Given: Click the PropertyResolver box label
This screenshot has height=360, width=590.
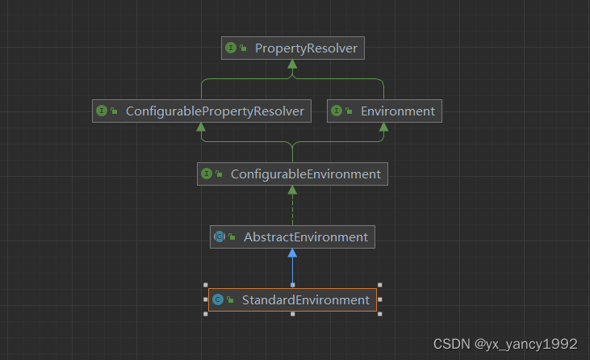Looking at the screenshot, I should pos(306,48).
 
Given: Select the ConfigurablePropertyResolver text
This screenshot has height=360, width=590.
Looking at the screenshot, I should pos(215,111).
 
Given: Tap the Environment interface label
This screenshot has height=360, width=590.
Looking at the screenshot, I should pos(396,111).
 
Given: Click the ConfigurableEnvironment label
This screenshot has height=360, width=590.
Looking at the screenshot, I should pos(305,174).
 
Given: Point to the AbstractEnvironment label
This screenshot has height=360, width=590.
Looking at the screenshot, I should pos(305,237).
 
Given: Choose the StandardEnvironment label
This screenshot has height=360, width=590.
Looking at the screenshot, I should pos(305,300).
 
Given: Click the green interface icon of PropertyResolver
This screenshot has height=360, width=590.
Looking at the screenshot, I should pos(232,48).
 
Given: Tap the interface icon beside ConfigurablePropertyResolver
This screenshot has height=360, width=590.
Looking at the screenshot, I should pos(102,111).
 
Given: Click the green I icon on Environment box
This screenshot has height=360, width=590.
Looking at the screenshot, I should pos(337,111).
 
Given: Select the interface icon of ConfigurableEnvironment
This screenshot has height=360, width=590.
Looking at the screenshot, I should pos(207,174).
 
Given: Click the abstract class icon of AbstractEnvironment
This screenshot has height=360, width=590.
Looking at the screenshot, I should pos(220,237).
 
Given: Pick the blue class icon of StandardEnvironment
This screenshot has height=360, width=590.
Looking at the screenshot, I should pos(218,300).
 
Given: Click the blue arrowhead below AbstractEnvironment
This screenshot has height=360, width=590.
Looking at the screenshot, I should pos(292,253).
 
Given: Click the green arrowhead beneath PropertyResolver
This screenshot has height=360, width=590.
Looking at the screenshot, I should pos(292,65).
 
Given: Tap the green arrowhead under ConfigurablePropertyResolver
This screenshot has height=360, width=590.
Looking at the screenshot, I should pos(201,128).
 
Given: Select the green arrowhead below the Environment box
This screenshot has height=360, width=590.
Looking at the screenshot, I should pos(383,128).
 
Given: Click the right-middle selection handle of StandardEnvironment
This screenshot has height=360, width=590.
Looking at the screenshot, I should pos(379,300).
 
